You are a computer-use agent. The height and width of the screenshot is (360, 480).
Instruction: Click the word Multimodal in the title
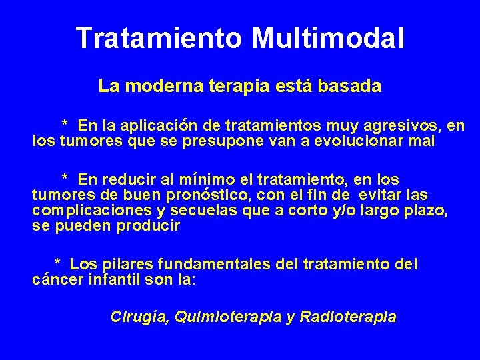click(x=328, y=38)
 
